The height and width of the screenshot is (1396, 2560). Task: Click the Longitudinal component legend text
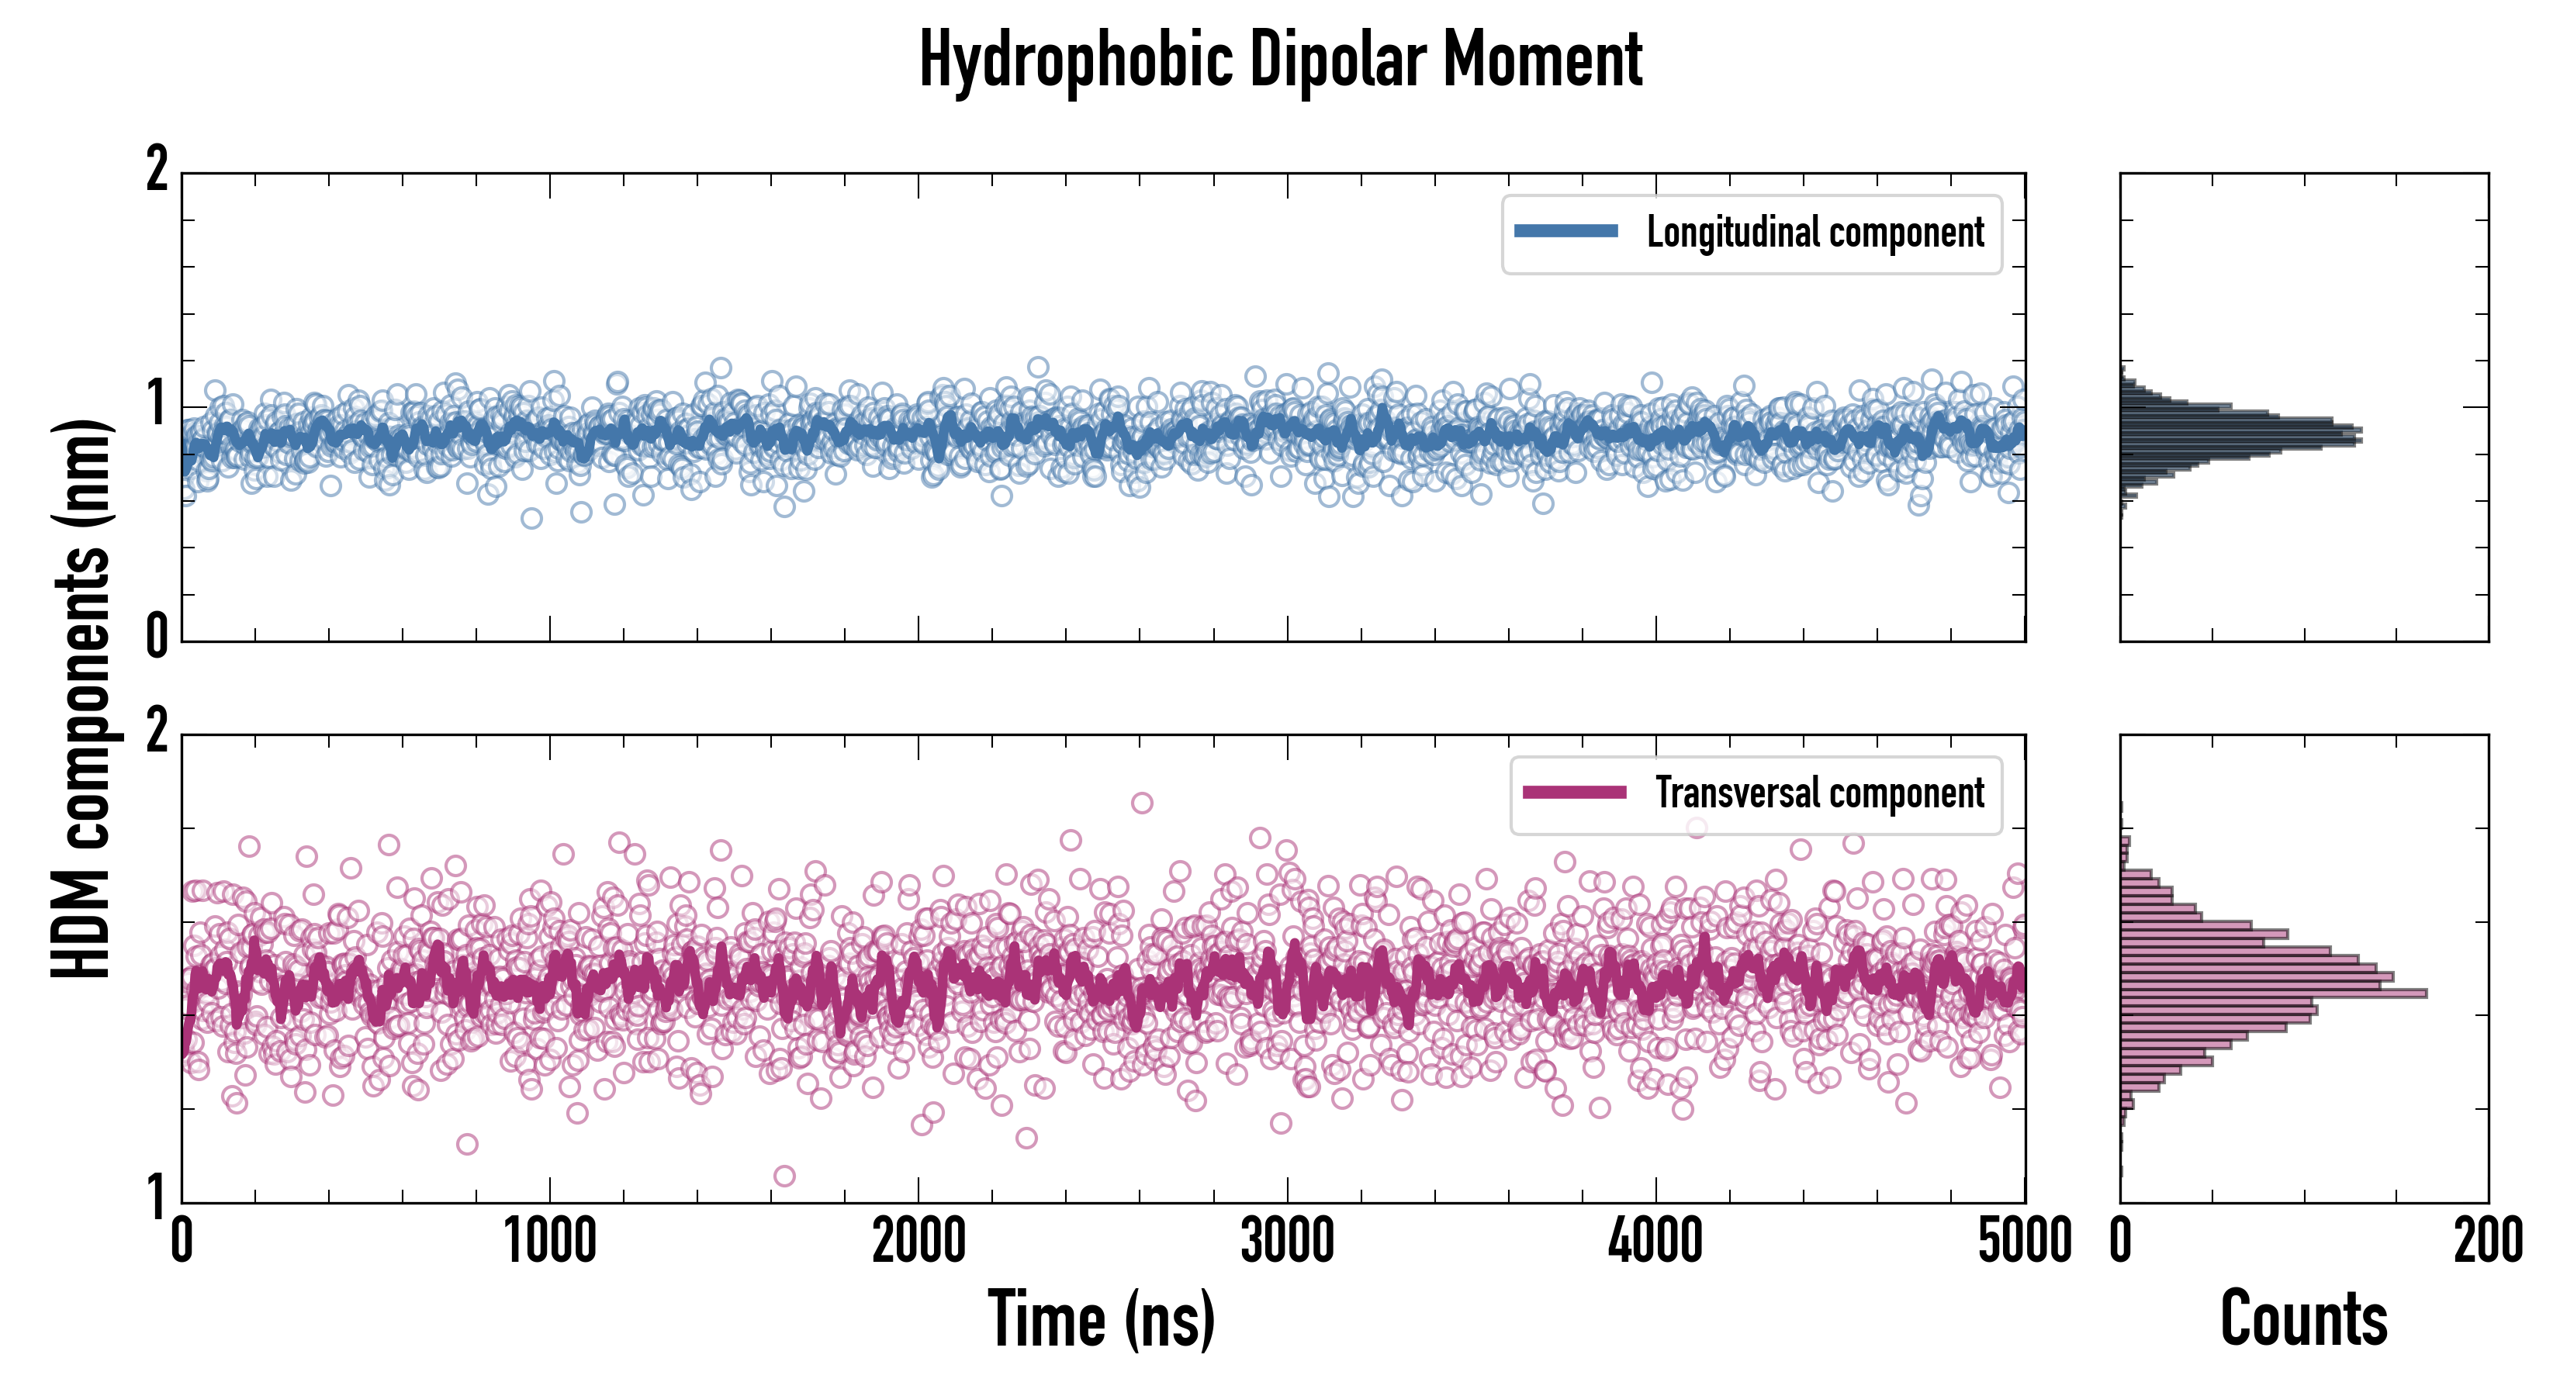point(1814,233)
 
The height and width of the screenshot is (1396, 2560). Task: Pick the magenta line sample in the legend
point(1574,792)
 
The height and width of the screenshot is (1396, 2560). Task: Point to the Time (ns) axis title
point(1101,1318)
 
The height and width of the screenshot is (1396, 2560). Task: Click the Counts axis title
point(2303,1318)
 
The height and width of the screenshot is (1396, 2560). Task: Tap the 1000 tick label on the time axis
point(549,1242)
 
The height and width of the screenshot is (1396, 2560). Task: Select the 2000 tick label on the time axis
point(918,1242)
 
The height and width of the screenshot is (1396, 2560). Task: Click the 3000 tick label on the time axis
point(1287,1242)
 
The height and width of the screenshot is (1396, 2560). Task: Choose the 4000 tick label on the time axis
point(1655,1242)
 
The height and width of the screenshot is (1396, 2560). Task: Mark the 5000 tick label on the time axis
point(2025,1242)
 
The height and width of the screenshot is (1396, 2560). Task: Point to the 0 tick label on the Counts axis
point(2121,1242)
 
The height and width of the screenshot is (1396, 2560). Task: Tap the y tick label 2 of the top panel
point(157,170)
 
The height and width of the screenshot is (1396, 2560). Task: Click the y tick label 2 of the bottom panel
point(157,731)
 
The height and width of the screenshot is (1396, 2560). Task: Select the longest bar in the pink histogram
point(2274,993)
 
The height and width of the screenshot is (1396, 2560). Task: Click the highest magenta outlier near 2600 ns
point(1142,803)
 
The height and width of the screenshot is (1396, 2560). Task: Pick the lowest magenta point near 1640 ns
point(784,1177)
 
